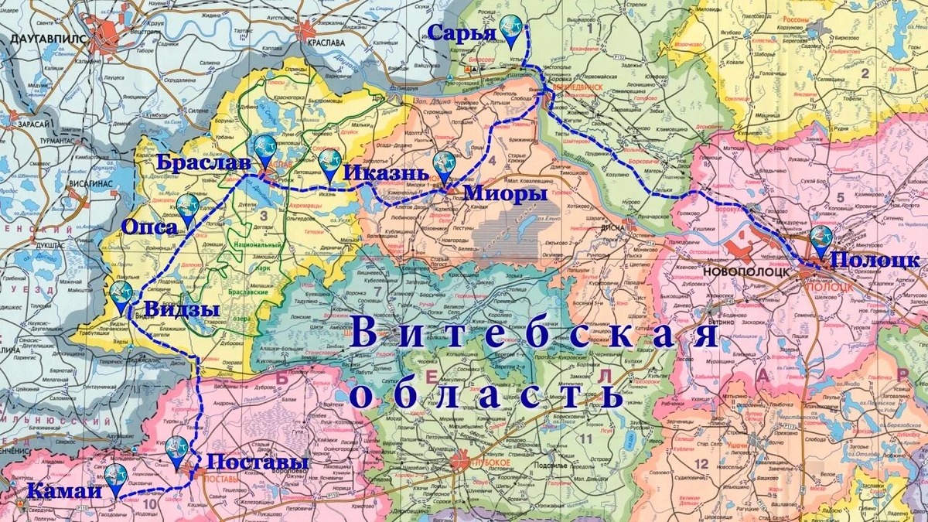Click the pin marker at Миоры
coord(445,165)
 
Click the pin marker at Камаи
coord(117,478)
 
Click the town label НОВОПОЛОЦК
coord(746,271)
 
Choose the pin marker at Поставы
coord(178,450)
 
